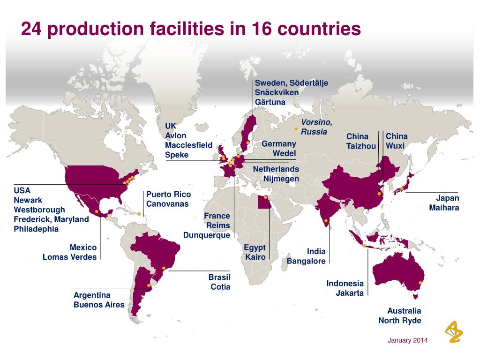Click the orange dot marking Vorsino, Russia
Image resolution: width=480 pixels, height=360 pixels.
296,128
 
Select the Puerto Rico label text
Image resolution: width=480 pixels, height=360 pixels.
168,194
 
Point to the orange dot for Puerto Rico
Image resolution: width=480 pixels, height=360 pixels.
139,214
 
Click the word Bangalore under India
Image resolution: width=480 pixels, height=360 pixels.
306,261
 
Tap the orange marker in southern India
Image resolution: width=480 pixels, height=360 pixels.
326,220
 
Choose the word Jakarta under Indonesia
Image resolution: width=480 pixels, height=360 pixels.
349,293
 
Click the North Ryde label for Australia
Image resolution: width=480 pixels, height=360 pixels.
400,321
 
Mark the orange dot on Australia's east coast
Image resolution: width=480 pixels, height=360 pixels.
420,283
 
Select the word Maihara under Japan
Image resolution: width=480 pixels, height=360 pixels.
444,208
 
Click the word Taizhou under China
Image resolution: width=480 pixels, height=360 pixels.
361,146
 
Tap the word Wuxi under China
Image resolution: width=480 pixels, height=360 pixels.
395,146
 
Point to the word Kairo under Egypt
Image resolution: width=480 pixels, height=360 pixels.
255,257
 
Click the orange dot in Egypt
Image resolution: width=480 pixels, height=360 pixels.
265,197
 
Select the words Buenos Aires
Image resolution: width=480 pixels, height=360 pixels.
99,305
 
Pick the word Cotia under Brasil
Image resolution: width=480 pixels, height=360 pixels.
220,287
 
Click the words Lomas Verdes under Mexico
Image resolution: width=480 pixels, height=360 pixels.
69,257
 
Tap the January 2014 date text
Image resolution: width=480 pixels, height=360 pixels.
407,340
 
